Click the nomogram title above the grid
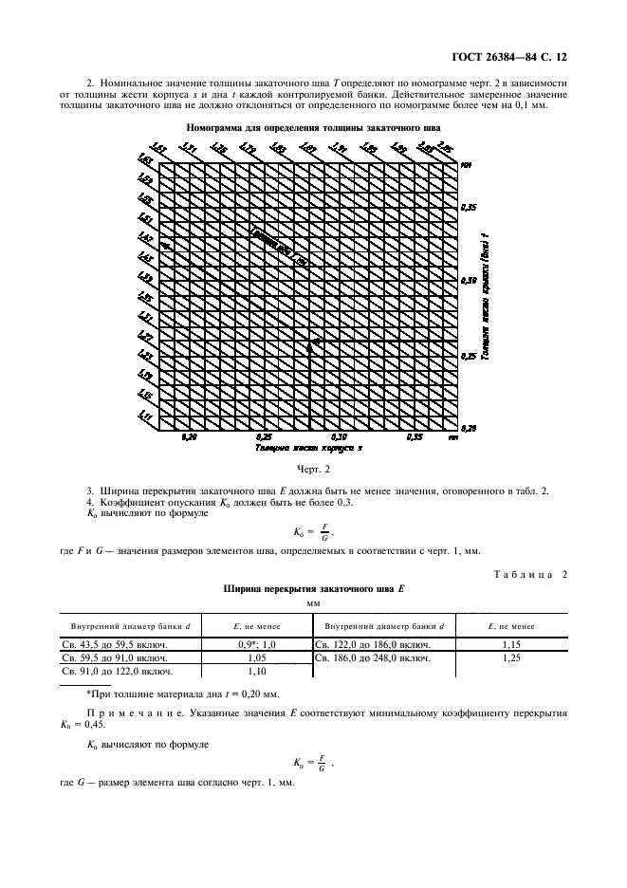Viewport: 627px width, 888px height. coord(313,126)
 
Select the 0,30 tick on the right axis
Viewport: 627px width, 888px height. coord(468,282)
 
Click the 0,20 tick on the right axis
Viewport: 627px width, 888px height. coord(468,429)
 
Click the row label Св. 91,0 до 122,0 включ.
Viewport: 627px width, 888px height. coord(111,670)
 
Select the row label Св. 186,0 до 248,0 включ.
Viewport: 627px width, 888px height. coord(372,657)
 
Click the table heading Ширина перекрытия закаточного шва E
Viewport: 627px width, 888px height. coord(313,588)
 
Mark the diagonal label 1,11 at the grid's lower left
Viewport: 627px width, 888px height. coord(145,416)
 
